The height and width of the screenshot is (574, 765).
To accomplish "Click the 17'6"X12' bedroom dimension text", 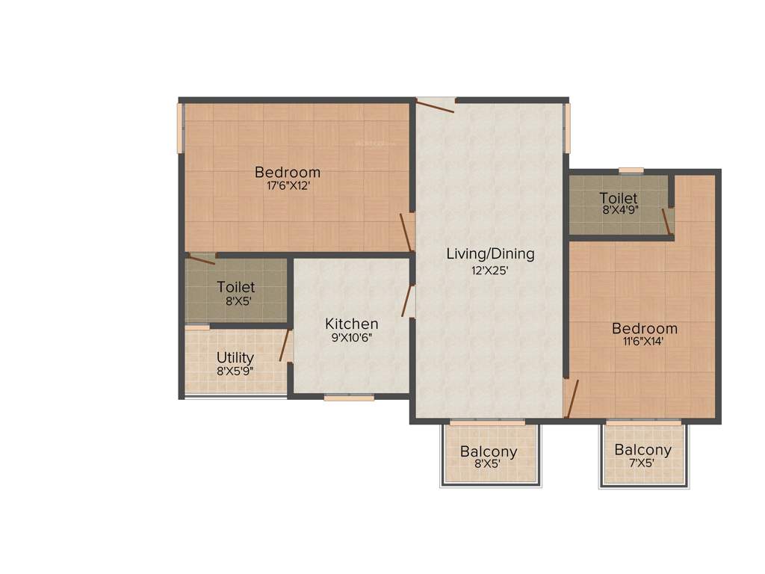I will (x=288, y=187).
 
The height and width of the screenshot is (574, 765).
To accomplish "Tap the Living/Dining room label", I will (x=490, y=253).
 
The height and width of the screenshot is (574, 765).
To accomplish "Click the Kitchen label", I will (x=351, y=324).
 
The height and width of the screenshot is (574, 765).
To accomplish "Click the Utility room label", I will (x=235, y=357).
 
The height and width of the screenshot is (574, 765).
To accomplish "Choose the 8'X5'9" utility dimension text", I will (x=235, y=371).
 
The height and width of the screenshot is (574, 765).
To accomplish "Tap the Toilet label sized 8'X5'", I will (x=236, y=287).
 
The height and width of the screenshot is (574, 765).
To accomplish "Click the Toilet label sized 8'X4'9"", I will (x=619, y=198).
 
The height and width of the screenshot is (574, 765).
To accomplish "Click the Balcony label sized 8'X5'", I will (x=489, y=451).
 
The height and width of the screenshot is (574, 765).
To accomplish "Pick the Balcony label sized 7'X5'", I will (x=642, y=450).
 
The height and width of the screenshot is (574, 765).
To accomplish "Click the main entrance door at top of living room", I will (x=436, y=105).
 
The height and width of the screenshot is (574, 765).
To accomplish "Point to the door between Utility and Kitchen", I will (x=285, y=345).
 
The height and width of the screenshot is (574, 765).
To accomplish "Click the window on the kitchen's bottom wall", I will (x=349, y=398).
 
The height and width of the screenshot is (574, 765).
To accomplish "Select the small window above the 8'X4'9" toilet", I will (x=631, y=170).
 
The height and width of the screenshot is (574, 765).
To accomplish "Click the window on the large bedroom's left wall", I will (x=180, y=128).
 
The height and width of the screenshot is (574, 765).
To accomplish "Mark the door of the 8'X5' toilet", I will (x=201, y=260).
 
